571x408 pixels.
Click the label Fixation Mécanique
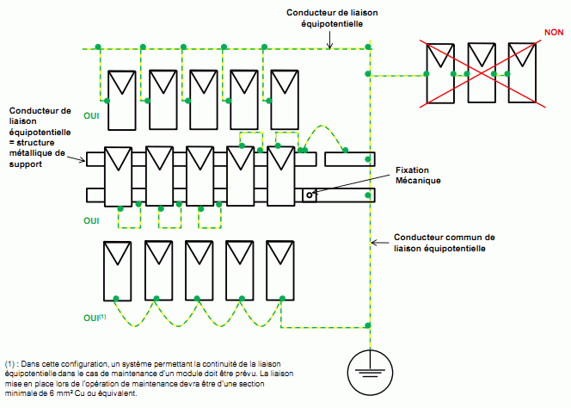[x=418, y=176]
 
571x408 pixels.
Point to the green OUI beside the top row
[x=92, y=115]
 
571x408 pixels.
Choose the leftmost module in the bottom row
[x=117, y=268]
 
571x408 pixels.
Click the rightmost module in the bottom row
[x=279, y=268]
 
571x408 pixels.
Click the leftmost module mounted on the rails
[x=117, y=176]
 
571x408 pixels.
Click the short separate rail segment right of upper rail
[x=349, y=158]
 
